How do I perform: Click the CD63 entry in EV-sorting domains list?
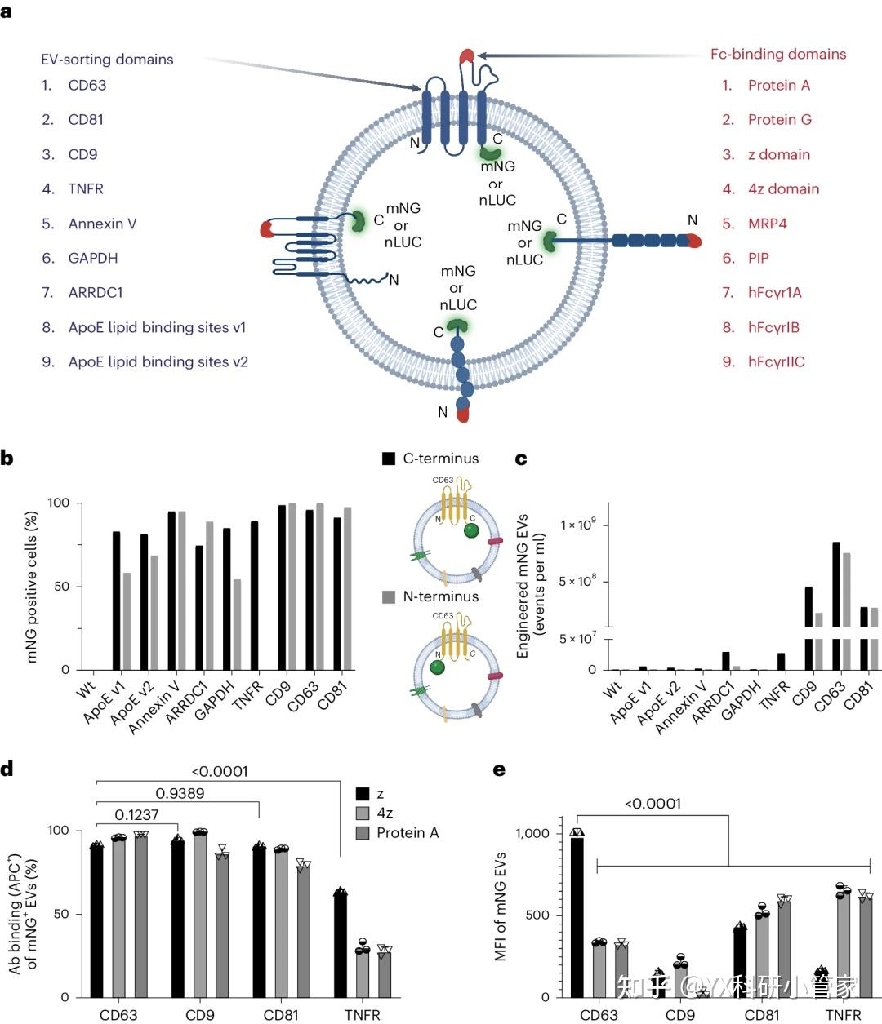87,86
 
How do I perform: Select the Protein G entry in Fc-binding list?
779,120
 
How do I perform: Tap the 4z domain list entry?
783,189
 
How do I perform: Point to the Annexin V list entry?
102,224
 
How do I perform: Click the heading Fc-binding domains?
777,55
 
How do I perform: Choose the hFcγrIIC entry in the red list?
776,362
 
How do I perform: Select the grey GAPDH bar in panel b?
238,624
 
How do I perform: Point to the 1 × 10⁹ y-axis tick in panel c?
577,525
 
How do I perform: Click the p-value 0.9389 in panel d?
180,793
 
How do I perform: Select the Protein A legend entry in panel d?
407,833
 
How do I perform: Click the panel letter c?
521,459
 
